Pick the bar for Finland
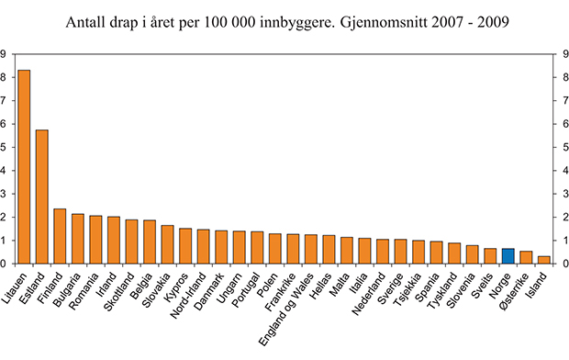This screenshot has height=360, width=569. (x=60, y=236)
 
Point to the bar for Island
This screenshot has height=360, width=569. (x=543, y=260)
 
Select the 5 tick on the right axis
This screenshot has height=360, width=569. (x=563, y=147)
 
